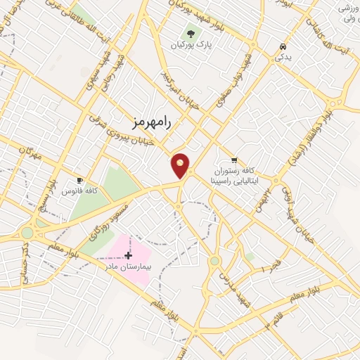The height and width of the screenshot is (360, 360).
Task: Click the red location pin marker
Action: tap(181, 165)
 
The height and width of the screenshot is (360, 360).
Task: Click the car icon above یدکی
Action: tap(282, 46)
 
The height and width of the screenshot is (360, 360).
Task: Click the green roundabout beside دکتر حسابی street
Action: tap(27, 233)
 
